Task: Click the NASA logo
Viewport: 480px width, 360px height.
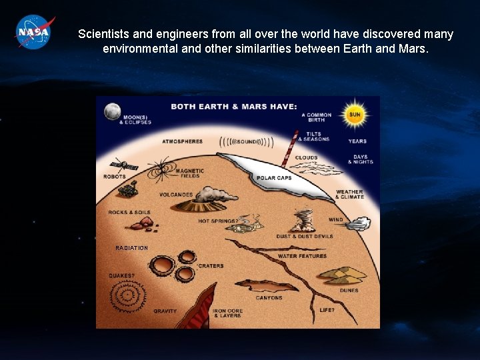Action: (34, 31)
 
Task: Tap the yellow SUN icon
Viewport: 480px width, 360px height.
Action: (355, 114)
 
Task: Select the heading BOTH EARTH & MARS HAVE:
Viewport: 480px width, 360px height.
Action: (234, 106)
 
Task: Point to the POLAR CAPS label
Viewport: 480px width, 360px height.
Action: (275, 179)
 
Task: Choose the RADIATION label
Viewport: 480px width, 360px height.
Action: (131, 248)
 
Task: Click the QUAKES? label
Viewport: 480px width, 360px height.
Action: (121, 275)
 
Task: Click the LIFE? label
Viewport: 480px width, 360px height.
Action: (327, 310)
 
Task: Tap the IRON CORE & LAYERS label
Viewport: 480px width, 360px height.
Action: (227, 313)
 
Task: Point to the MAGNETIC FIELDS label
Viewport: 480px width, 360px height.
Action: (190, 173)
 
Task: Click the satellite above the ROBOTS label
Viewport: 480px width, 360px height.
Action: (123, 165)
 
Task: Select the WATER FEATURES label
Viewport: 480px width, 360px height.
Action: (302, 256)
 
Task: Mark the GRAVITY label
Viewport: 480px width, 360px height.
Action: (165, 311)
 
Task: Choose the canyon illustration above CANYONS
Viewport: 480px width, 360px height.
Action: (267, 285)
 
